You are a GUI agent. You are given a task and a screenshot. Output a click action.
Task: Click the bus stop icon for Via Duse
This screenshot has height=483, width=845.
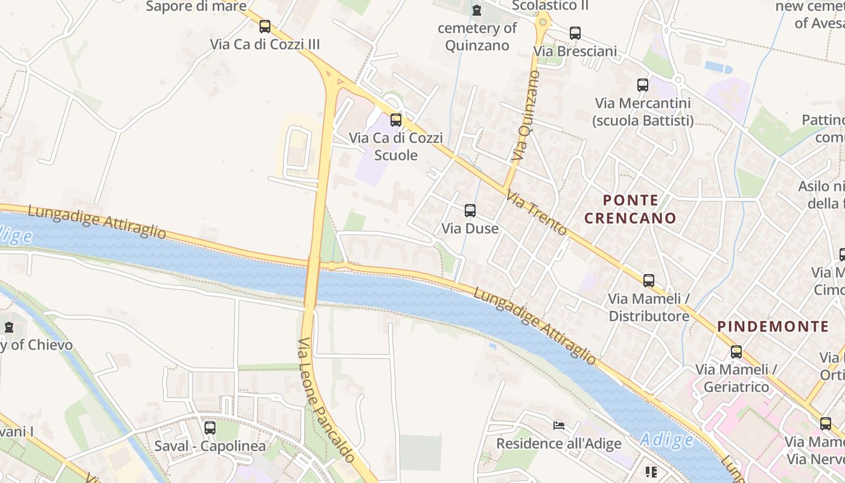470,211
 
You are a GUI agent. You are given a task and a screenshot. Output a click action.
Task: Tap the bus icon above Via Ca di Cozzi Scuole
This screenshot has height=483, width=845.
396,120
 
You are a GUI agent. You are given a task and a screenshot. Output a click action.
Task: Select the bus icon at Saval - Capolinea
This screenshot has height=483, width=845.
210,428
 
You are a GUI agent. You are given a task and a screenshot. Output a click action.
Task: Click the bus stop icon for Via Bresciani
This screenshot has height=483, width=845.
575,33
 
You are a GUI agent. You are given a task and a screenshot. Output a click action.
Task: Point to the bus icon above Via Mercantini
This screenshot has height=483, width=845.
643,85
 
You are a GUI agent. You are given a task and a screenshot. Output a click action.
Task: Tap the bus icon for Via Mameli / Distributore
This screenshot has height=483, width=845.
649,281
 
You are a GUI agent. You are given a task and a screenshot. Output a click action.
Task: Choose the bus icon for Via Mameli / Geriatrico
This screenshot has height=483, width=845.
736,352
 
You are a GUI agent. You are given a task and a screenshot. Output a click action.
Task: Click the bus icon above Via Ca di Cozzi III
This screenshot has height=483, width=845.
265,27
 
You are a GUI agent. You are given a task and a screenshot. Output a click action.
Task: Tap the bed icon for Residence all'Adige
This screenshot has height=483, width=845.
559,426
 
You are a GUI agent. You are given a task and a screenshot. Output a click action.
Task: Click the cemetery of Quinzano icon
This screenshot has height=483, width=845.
477,10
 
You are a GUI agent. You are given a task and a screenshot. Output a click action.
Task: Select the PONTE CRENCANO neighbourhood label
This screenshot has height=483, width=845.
630,209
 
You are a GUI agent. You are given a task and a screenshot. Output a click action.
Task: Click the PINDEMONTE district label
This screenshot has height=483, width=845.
773,327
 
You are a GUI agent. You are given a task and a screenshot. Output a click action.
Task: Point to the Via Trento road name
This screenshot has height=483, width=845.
537,213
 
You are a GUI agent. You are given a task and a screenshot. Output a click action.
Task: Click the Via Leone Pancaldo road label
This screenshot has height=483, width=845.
326,400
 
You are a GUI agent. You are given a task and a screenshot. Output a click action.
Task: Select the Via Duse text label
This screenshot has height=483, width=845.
470,228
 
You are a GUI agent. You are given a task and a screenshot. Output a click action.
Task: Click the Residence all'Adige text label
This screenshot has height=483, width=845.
558,444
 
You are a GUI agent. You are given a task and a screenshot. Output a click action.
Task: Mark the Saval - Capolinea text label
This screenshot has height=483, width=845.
210,446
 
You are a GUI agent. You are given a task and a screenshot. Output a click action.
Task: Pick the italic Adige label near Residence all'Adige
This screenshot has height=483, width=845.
666,440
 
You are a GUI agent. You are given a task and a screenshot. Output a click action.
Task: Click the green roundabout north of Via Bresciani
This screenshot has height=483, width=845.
543,22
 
